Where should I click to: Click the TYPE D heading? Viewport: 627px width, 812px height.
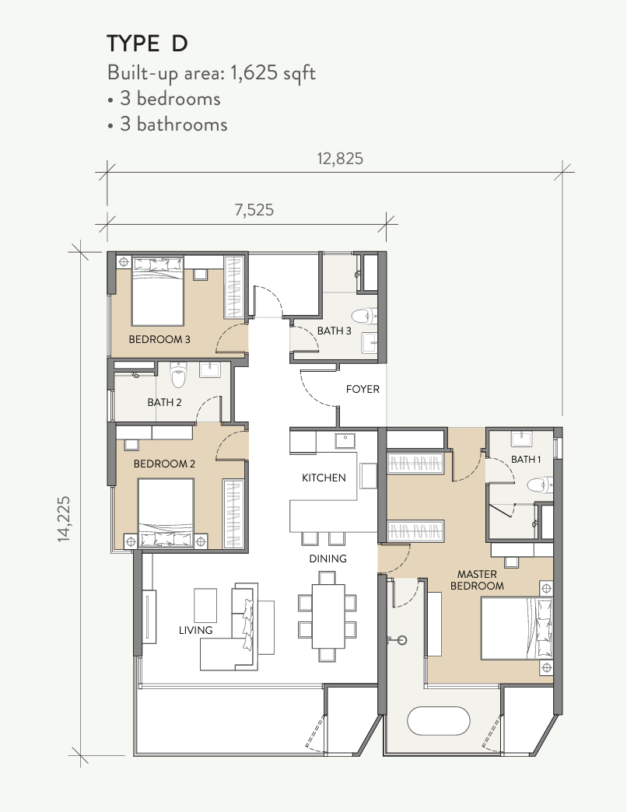click(147, 44)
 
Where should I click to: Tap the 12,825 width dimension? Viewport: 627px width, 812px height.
click(340, 159)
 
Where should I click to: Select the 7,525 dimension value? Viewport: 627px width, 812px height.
click(254, 210)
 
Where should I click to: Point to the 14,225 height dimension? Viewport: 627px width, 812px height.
click(64, 519)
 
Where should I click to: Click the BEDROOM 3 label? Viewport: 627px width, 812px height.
click(159, 339)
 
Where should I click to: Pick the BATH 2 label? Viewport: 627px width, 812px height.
click(164, 402)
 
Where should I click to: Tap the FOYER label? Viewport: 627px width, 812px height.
click(363, 389)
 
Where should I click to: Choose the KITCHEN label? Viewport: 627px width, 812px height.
click(324, 478)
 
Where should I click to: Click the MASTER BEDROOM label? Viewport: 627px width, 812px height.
click(477, 580)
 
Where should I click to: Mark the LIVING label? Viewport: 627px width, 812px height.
click(196, 630)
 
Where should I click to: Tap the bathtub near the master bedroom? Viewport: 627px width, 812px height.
click(439, 720)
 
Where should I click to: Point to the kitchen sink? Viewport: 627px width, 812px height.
click(345, 441)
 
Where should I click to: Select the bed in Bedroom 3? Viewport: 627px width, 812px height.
click(158, 292)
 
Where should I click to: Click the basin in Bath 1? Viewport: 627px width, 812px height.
click(524, 439)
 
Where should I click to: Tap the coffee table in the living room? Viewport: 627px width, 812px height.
click(205, 605)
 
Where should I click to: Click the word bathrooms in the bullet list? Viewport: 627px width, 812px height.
click(182, 124)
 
